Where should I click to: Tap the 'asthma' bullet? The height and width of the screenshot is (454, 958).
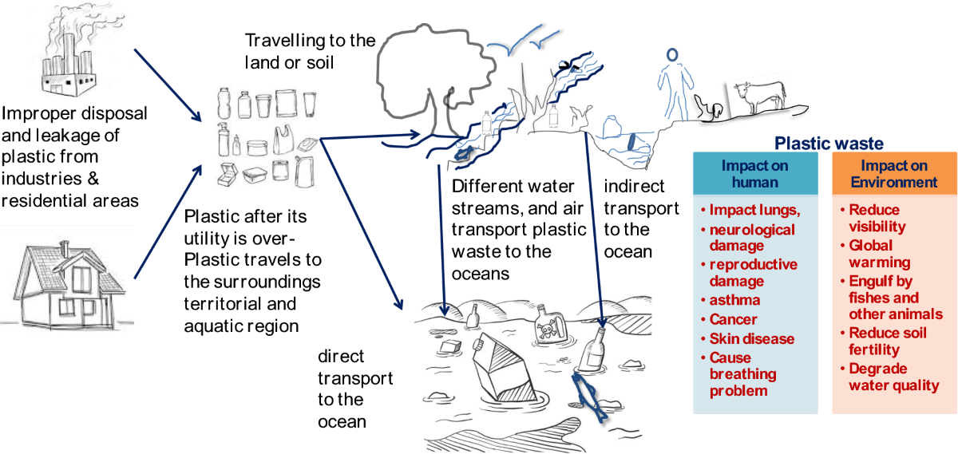click(734, 300)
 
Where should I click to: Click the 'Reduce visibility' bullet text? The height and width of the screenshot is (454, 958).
click(878, 219)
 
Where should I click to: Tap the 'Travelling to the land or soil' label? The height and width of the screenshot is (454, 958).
click(309, 49)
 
